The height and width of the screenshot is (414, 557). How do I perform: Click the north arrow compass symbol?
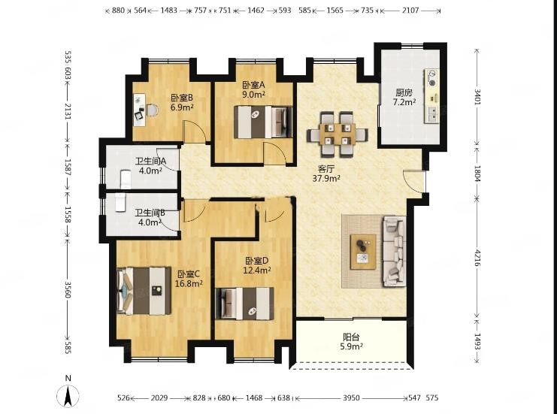point(68,395)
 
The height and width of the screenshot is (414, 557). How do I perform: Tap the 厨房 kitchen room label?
point(404,93)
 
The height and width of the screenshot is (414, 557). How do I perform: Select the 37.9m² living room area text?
point(326,178)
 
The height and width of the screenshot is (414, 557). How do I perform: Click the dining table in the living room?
point(338,134)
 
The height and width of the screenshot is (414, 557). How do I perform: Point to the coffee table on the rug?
point(363,252)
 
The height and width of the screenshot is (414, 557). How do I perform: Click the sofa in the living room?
point(395,251)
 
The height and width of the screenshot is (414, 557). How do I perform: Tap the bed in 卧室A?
point(263,122)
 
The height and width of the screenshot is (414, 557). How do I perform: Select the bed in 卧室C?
point(144,291)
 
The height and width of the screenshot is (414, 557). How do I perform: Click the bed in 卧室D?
point(245,304)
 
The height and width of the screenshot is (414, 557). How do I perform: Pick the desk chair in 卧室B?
point(152,110)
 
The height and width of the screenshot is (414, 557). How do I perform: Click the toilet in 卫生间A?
point(126,180)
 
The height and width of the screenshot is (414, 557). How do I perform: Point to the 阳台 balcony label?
point(351,337)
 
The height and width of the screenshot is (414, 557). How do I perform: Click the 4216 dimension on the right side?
point(477,258)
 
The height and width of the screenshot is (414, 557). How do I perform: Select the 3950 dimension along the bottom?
point(351,398)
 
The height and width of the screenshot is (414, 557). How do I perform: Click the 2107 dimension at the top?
point(410,11)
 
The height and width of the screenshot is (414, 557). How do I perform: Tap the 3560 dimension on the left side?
point(68,290)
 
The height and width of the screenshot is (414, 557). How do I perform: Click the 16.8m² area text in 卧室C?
point(189,283)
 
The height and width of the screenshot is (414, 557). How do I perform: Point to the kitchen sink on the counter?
point(433,113)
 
